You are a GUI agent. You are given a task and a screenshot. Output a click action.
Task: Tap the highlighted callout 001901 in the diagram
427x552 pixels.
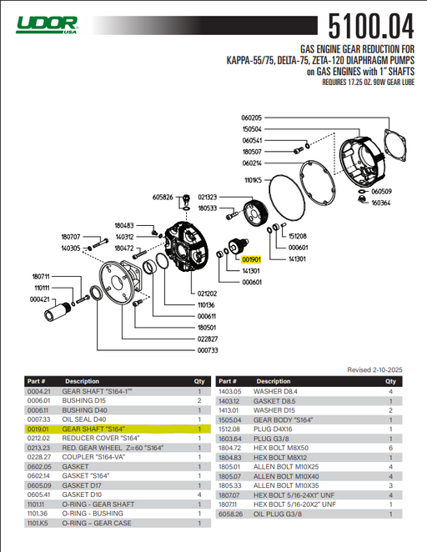coord(252,259)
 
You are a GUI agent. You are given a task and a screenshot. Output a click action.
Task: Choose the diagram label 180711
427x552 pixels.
coord(42,276)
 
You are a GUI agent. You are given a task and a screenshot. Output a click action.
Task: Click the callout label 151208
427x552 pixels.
coord(298,236)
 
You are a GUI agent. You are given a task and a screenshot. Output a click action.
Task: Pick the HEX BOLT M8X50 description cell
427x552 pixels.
coord(281,448)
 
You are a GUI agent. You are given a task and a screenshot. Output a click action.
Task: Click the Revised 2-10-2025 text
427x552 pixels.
coord(374,369)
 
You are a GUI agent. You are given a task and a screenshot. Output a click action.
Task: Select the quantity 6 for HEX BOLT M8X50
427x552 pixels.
coord(390,448)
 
